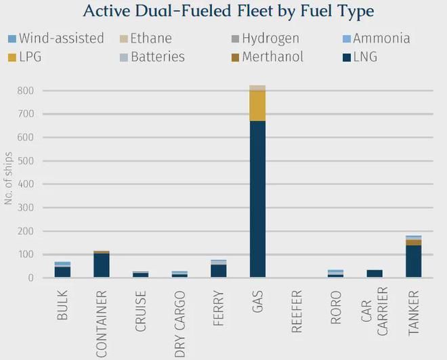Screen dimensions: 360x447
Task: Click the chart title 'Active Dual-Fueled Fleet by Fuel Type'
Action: [x=228, y=12]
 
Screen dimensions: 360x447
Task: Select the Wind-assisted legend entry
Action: [x=56, y=39]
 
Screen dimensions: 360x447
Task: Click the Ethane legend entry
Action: [x=146, y=39]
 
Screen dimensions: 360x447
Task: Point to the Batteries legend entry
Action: [x=151, y=57]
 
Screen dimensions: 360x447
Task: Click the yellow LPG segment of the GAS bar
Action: [x=257, y=106]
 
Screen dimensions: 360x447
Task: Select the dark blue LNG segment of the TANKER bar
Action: [x=413, y=261]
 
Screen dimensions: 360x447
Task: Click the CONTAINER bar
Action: [x=102, y=265]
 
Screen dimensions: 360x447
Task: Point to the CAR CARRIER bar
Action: [x=375, y=273]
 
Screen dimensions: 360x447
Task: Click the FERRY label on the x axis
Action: [x=219, y=308]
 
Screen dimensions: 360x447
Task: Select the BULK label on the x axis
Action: [x=63, y=306]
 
